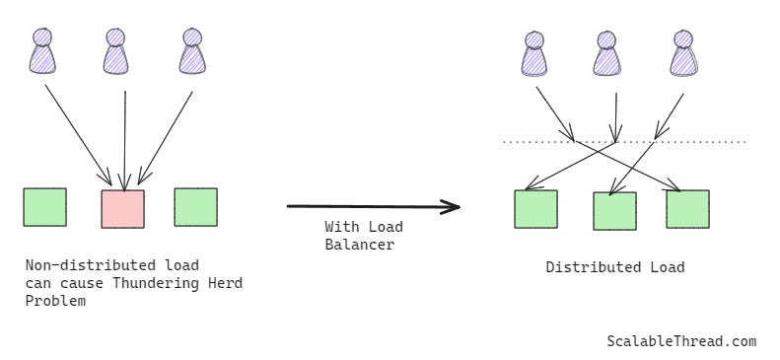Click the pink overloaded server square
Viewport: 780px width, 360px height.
(123, 209)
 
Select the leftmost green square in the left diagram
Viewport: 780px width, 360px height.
(45, 207)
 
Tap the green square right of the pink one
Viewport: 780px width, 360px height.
(195, 207)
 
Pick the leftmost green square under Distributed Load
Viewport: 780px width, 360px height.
(535, 209)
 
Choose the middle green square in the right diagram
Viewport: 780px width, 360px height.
(614, 211)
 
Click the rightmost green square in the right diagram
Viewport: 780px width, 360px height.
(687, 209)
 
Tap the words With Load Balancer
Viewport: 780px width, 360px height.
(364, 236)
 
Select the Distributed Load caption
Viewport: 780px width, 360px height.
(614, 267)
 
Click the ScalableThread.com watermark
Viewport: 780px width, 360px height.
(681, 341)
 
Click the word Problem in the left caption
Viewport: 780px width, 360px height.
(54, 301)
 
